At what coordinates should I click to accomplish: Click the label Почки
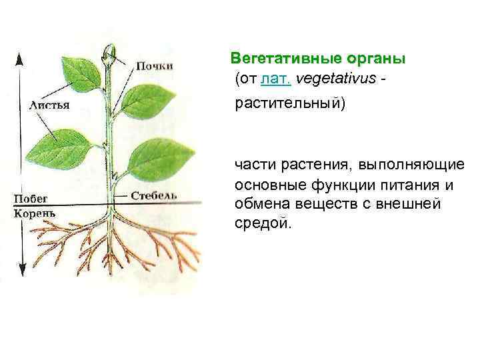pyautogui.click(x=155, y=65)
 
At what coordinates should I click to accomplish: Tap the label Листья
pyautogui.click(x=51, y=105)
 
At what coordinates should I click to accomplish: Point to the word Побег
pyautogui.click(x=31, y=199)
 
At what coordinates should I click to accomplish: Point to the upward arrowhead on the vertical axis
pyautogui.click(x=20, y=58)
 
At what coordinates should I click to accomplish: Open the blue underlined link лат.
pyautogui.click(x=276, y=79)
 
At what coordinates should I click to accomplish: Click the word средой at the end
pyautogui.click(x=263, y=223)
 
